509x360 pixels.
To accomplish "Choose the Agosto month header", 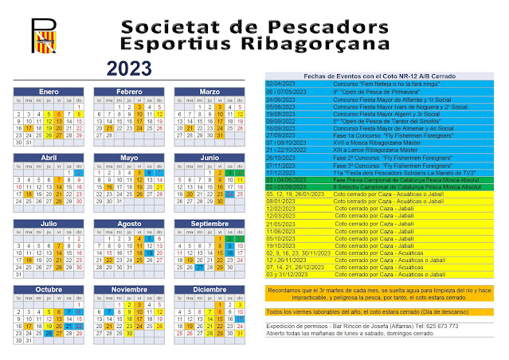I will tap(127, 225).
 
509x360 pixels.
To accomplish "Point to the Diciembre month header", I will tap(208, 289).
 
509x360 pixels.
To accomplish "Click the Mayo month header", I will tap(127, 158).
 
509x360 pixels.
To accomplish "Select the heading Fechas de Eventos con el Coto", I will tap(374, 74).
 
